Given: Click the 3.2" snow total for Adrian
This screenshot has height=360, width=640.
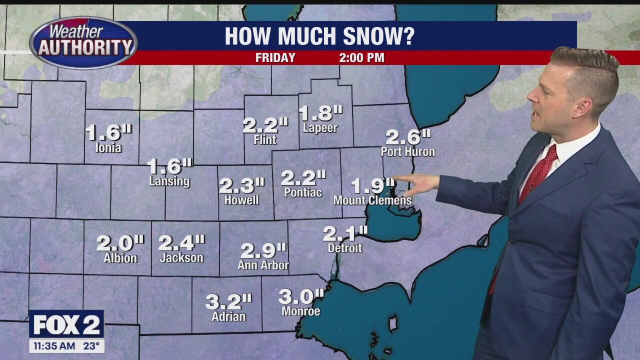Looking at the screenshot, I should (x=228, y=302).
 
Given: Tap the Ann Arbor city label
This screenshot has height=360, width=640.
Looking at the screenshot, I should (x=263, y=265).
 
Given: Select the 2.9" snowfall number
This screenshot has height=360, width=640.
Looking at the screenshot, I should (x=263, y=250).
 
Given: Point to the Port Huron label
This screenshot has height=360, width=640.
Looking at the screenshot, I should (x=407, y=151).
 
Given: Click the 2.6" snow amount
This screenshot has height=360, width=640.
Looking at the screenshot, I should (x=407, y=136).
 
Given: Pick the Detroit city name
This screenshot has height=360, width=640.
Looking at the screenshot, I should (x=344, y=248).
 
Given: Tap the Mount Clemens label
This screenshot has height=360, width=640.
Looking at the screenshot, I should (x=372, y=200).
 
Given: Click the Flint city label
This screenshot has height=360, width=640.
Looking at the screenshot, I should (x=265, y=140).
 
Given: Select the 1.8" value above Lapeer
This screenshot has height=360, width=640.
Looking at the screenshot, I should (x=320, y=113).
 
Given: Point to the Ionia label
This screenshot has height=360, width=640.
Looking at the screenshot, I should (x=108, y=147).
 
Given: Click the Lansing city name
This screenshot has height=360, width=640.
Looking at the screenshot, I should (x=169, y=181).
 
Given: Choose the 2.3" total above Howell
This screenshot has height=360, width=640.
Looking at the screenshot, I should (x=241, y=186).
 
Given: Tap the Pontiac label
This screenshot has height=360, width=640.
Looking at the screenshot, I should (x=303, y=192).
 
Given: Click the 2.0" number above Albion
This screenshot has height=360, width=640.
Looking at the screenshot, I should (x=120, y=243).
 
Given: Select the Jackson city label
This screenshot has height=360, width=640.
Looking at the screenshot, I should (x=181, y=258).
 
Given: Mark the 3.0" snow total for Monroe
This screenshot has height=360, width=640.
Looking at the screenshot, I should (x=301, y=296).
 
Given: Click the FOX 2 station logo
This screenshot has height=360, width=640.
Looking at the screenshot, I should (x=66, y=325).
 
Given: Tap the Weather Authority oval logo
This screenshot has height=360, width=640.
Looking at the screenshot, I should (x=83, y=42).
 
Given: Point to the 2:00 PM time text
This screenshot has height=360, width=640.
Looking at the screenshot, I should (x=361, y=57).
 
